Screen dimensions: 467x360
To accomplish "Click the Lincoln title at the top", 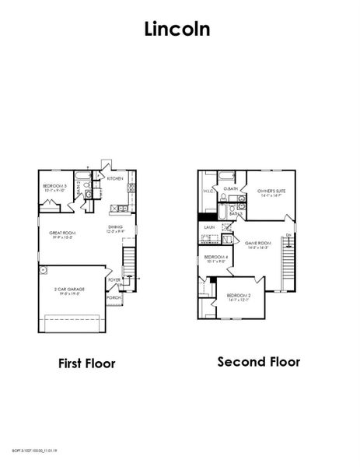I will coord(180,29).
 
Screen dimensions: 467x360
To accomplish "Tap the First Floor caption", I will coord(87,363).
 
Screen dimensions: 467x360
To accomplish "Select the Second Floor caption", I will coord(258,362).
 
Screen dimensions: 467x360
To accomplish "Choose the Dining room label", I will coord(115,228).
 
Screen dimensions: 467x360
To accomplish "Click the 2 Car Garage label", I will coord(69,289).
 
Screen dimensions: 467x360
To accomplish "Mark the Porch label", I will coord(114,297).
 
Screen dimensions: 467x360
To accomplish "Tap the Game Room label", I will coord(257,244).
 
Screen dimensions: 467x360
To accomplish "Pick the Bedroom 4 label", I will coord(215,258).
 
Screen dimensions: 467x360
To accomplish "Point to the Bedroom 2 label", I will coord(238,295).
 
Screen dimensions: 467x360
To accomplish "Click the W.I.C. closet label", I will coord(208,191).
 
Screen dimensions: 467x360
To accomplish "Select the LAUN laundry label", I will coord(208,227).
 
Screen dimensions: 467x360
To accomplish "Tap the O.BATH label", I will coord(230,188).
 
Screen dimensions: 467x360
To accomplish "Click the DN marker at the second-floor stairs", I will coord(288,234).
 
